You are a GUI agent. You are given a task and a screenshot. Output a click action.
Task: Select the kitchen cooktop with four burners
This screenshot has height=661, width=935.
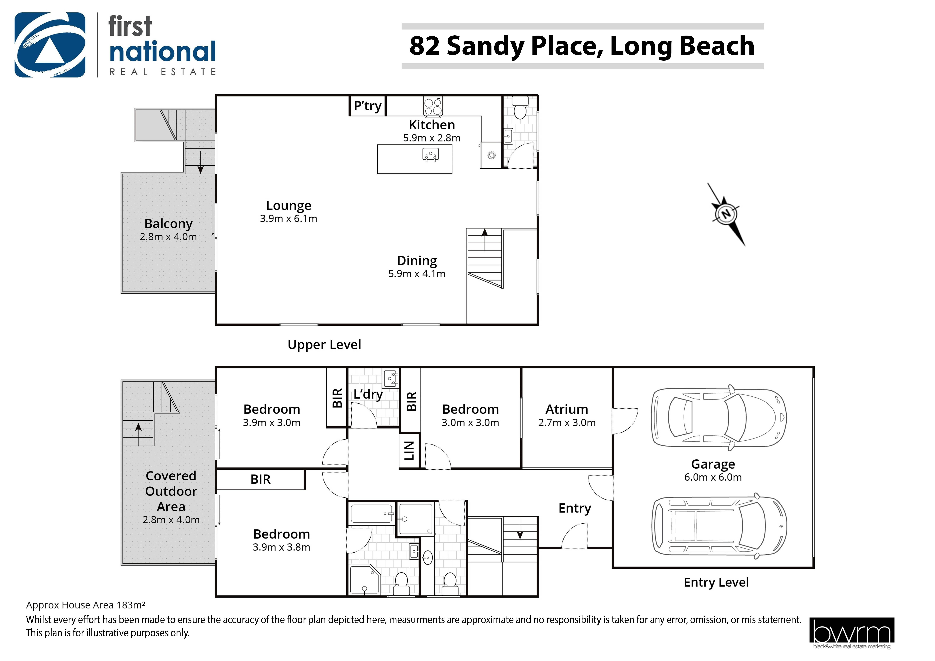[433, 106]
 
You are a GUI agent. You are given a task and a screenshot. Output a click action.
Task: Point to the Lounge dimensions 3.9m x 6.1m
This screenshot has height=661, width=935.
[288, 219]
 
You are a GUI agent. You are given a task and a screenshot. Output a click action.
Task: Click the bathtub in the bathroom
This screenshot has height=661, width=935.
[372, 514]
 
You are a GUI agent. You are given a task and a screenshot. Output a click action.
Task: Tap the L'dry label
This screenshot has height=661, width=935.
[368, 394]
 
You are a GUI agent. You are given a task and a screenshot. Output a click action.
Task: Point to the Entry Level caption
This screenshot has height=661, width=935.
[716, 582]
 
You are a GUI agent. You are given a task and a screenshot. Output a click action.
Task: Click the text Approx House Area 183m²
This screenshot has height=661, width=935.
[86, 605]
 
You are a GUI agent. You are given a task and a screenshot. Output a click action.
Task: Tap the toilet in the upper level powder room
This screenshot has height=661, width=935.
[520, 108]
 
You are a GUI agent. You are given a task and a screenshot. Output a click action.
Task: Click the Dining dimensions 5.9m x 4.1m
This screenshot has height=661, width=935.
[417, 274]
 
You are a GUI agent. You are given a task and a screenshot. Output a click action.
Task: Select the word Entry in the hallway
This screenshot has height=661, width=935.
[575, 508]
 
